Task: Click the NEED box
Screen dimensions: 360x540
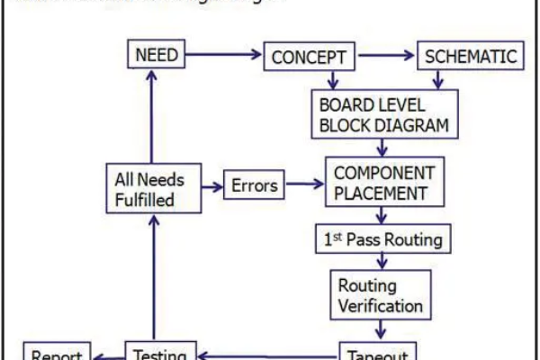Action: (156, 55)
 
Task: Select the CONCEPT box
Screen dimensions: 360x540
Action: (310, 58)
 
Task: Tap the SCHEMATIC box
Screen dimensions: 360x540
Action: (471, 57)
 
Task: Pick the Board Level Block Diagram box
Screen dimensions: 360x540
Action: (383, 113)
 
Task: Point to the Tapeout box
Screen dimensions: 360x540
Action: (378, 353)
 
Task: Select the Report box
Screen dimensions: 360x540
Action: (57, 353)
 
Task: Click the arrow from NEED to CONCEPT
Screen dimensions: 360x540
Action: (224, 56)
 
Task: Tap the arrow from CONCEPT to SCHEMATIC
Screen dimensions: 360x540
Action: (388, 56)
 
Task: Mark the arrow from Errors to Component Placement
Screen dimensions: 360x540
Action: (305, 185)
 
